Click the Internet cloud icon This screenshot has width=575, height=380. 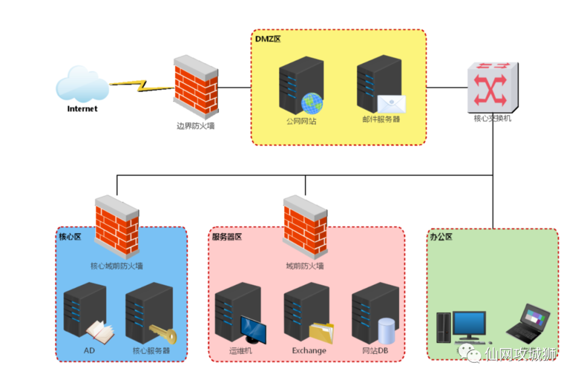point(82,84)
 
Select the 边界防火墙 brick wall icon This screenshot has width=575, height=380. point(195,88)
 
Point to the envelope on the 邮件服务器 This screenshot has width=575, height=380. point(391,104)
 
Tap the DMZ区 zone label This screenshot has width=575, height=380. point(268,39)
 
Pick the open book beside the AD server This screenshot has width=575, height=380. point(100,332)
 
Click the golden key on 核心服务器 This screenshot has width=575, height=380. point(163,334)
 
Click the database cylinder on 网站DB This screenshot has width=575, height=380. point(387,330)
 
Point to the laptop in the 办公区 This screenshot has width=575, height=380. point(527,323)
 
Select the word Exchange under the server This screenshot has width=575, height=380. point(309,351)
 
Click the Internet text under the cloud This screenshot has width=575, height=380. point(83,109)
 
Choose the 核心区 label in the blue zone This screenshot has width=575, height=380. point(70,237)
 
